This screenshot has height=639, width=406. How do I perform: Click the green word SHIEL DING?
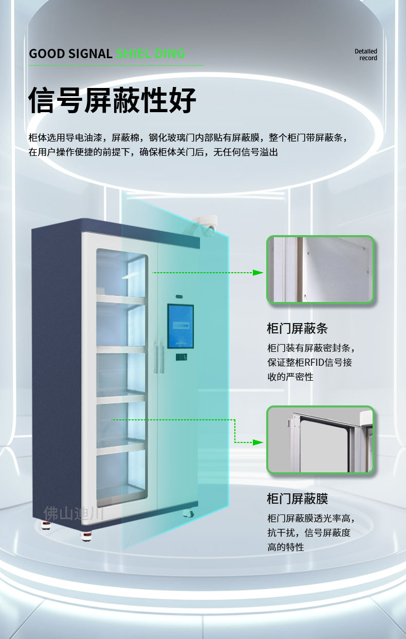coord(151,54)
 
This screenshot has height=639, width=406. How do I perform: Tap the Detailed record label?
coord(366,55)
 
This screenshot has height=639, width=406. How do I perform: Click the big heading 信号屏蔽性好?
coord(112,100)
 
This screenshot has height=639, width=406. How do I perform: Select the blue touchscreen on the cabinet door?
coord(180,326)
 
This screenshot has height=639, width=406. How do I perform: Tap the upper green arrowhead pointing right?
coord(258,273)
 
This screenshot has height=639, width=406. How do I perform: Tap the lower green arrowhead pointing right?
coord(258,442)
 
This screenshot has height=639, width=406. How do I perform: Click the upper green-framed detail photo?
coord(320,269)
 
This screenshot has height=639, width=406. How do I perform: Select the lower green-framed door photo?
coord(320,439)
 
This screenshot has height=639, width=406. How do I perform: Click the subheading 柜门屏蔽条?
coord(297,328)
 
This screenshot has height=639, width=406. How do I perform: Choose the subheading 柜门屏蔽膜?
coord(297,499)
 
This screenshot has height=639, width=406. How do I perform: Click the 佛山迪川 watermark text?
coord(73,513)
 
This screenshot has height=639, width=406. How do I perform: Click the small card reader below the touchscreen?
coord(181,357)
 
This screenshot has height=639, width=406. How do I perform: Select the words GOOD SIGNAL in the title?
coord(70,54)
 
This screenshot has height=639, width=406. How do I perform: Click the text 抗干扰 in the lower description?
coord(281,532)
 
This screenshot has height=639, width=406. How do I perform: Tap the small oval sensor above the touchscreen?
coord(179,297)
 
